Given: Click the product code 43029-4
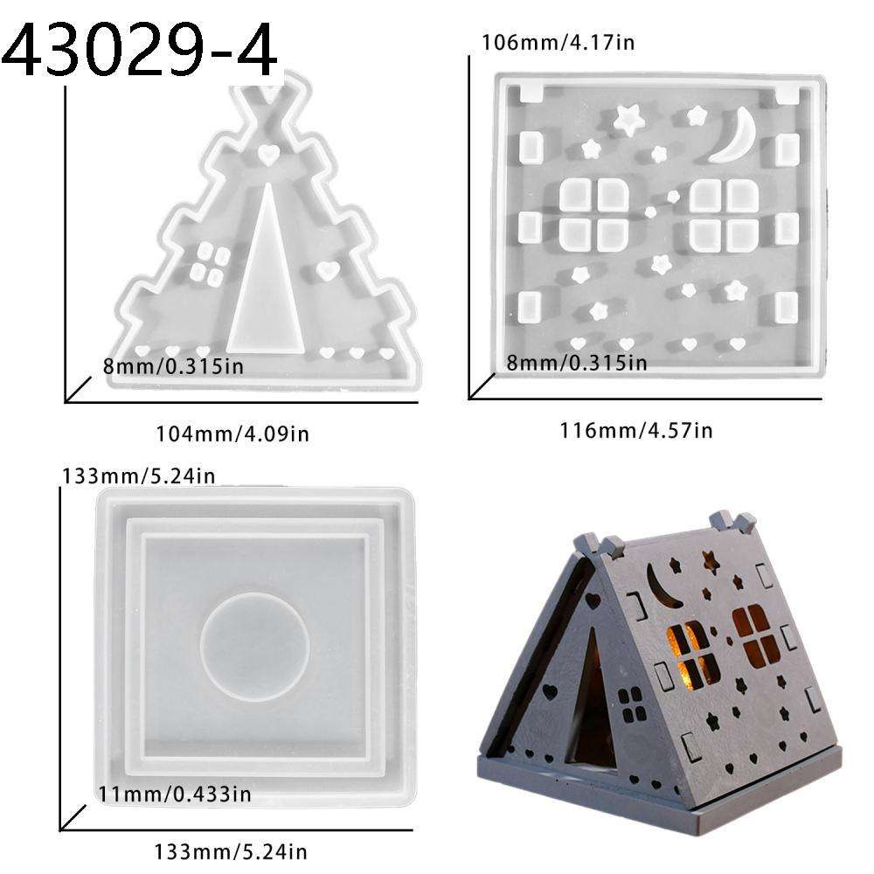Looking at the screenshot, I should coord(140,50).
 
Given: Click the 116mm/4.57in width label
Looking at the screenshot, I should coord(635,429).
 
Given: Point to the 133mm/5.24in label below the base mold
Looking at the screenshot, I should coord(232,850).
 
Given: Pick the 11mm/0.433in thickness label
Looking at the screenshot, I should coord(175,794).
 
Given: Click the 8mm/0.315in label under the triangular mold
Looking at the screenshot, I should coord(172,365).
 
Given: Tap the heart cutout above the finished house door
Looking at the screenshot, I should coord(594,601).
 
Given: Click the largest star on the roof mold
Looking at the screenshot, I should coord(627,119).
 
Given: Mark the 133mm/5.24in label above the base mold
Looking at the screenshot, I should coord(138,476).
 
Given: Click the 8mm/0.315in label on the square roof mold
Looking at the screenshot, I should coord(576,362).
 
